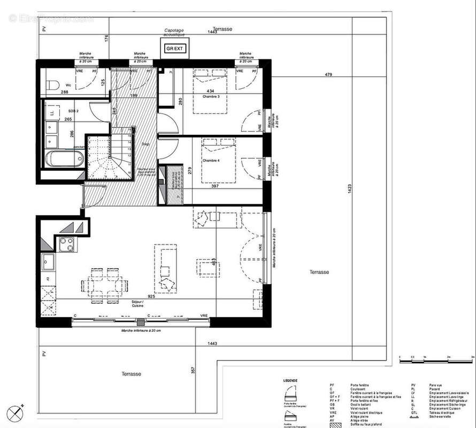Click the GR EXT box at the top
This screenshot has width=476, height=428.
click(175, 49)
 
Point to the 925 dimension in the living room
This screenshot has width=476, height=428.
click(152, 295)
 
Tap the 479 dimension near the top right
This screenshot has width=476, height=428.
click(328, 74)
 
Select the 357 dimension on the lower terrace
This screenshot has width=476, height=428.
click(194, 370)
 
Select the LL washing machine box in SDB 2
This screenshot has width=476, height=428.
click(51, 113)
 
